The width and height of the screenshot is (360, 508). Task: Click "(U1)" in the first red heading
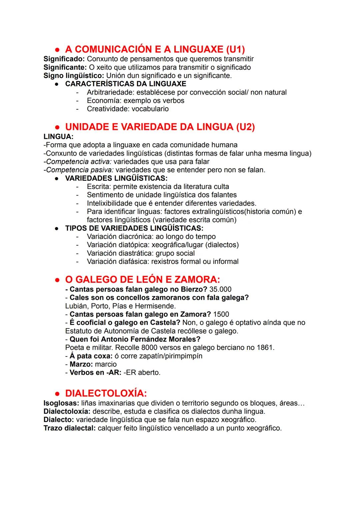pyautogui.click(x=235, y=49)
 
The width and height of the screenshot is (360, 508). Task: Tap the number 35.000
pyautogui.click(x=220, y=289)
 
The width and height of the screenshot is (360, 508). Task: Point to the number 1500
pyautogui.click(x=221, y=314)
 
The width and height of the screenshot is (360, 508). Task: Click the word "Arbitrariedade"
pyautogui.click(x=110, y=92)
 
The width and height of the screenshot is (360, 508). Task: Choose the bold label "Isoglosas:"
pyautogui.click(x=61, y=403)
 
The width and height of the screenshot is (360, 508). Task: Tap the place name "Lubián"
pyautogui.click(x=76, y=306)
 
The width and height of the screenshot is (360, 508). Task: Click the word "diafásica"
pyautogui.click(x=133, y=261)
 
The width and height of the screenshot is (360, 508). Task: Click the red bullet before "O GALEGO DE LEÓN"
pyautogui.click(x=57, y=280)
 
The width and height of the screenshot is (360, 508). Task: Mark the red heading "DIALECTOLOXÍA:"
pyautogui.click(x=106, y=393)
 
